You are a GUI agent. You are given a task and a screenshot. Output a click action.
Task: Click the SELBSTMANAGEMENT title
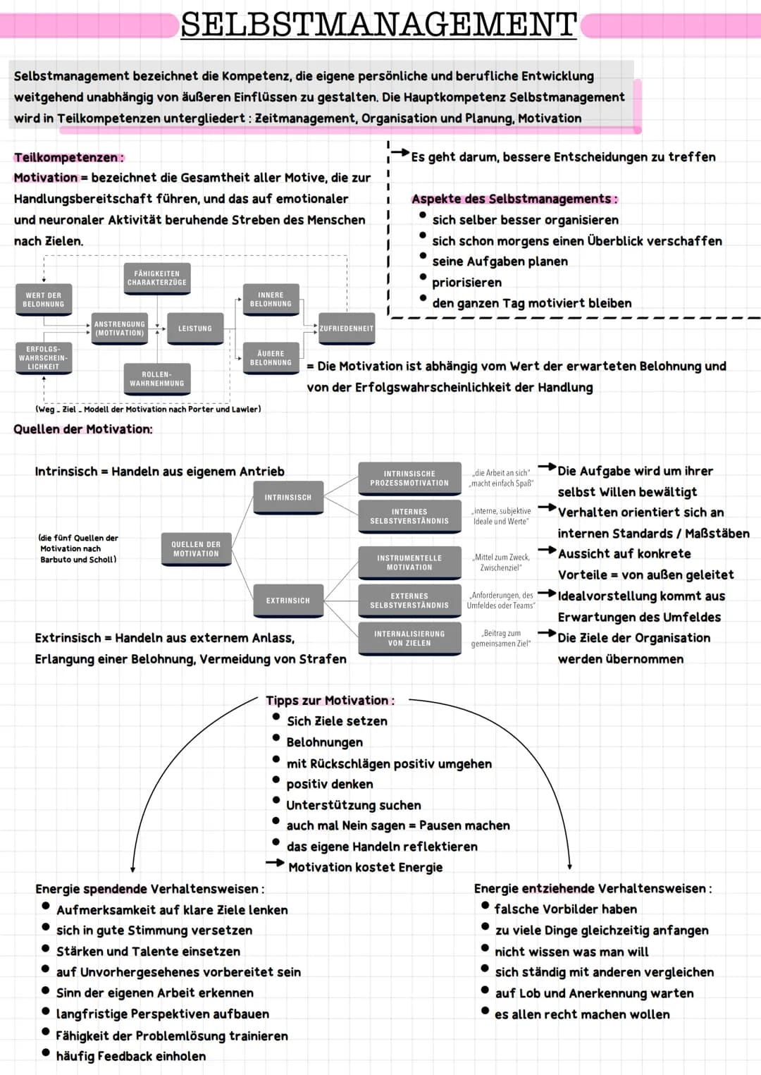(379, 25)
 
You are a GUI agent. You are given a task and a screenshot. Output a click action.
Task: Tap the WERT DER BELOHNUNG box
(44, 300)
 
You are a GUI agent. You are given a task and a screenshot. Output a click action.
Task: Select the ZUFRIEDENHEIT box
(347, 328)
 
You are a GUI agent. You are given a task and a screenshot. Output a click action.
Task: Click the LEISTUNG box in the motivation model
(195, 328)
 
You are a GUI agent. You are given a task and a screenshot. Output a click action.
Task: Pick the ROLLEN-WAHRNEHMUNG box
(156, 379)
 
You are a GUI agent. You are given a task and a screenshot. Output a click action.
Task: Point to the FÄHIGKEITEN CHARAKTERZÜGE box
(157, 278)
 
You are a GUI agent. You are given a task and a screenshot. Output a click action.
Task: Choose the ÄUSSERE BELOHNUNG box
(271, 358)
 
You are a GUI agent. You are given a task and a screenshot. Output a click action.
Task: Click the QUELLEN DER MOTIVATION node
(196, 549)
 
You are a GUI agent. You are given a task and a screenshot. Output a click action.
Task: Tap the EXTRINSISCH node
(287, 601)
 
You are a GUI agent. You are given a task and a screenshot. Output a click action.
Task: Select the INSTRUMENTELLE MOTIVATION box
(409, 563)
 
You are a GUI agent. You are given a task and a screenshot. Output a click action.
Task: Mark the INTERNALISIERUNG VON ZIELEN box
(409, 639)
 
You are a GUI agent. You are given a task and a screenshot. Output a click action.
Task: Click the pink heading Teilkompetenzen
(68, 157)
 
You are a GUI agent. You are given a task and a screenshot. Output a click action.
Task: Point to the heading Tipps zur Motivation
(330, 701)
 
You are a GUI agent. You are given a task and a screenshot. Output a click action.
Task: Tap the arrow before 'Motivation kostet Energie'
(275, 863)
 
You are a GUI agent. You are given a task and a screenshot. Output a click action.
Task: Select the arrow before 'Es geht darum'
(400, 152)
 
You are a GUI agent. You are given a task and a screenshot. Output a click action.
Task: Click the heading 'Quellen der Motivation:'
(83, 429)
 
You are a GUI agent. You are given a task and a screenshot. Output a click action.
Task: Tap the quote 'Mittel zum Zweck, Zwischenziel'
(500, 563)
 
